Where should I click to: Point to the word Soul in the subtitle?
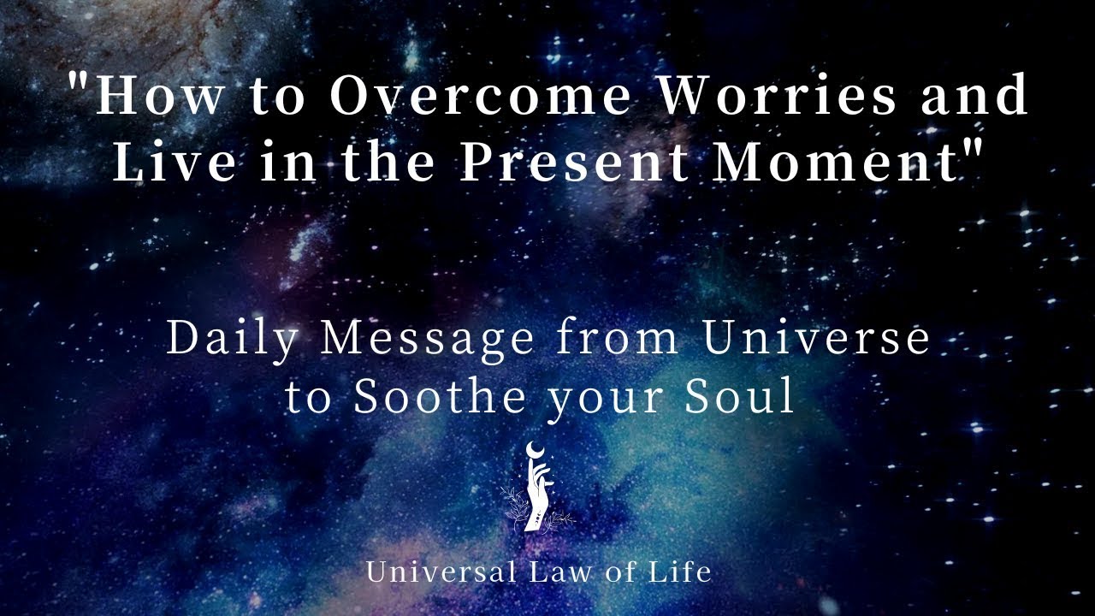[x=753, y=398]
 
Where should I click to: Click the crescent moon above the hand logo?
[x=536, y=451]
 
